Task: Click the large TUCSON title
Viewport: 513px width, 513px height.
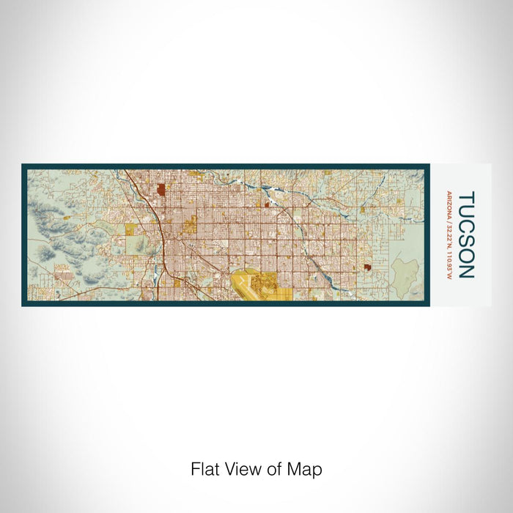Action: (466, 235)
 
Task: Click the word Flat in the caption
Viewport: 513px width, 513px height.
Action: (204, 469)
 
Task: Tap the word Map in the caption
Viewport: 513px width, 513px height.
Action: (307, 469)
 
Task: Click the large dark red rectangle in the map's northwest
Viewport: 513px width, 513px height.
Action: (160, 190)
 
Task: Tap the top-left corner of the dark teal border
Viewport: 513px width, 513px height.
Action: (23, 166)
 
